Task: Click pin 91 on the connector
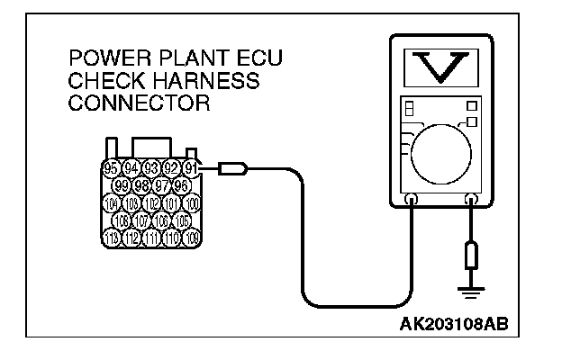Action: [191, 167]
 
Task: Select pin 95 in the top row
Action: [111, 167]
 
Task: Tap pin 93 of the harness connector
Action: [151, 167]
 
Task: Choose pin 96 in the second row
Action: [180, 185]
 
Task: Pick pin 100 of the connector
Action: [191, 202]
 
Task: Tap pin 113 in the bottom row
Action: [111, 238]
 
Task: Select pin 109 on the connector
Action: [191, 238]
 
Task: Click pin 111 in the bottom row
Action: [151, 238]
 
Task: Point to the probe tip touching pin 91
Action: [226, 166]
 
